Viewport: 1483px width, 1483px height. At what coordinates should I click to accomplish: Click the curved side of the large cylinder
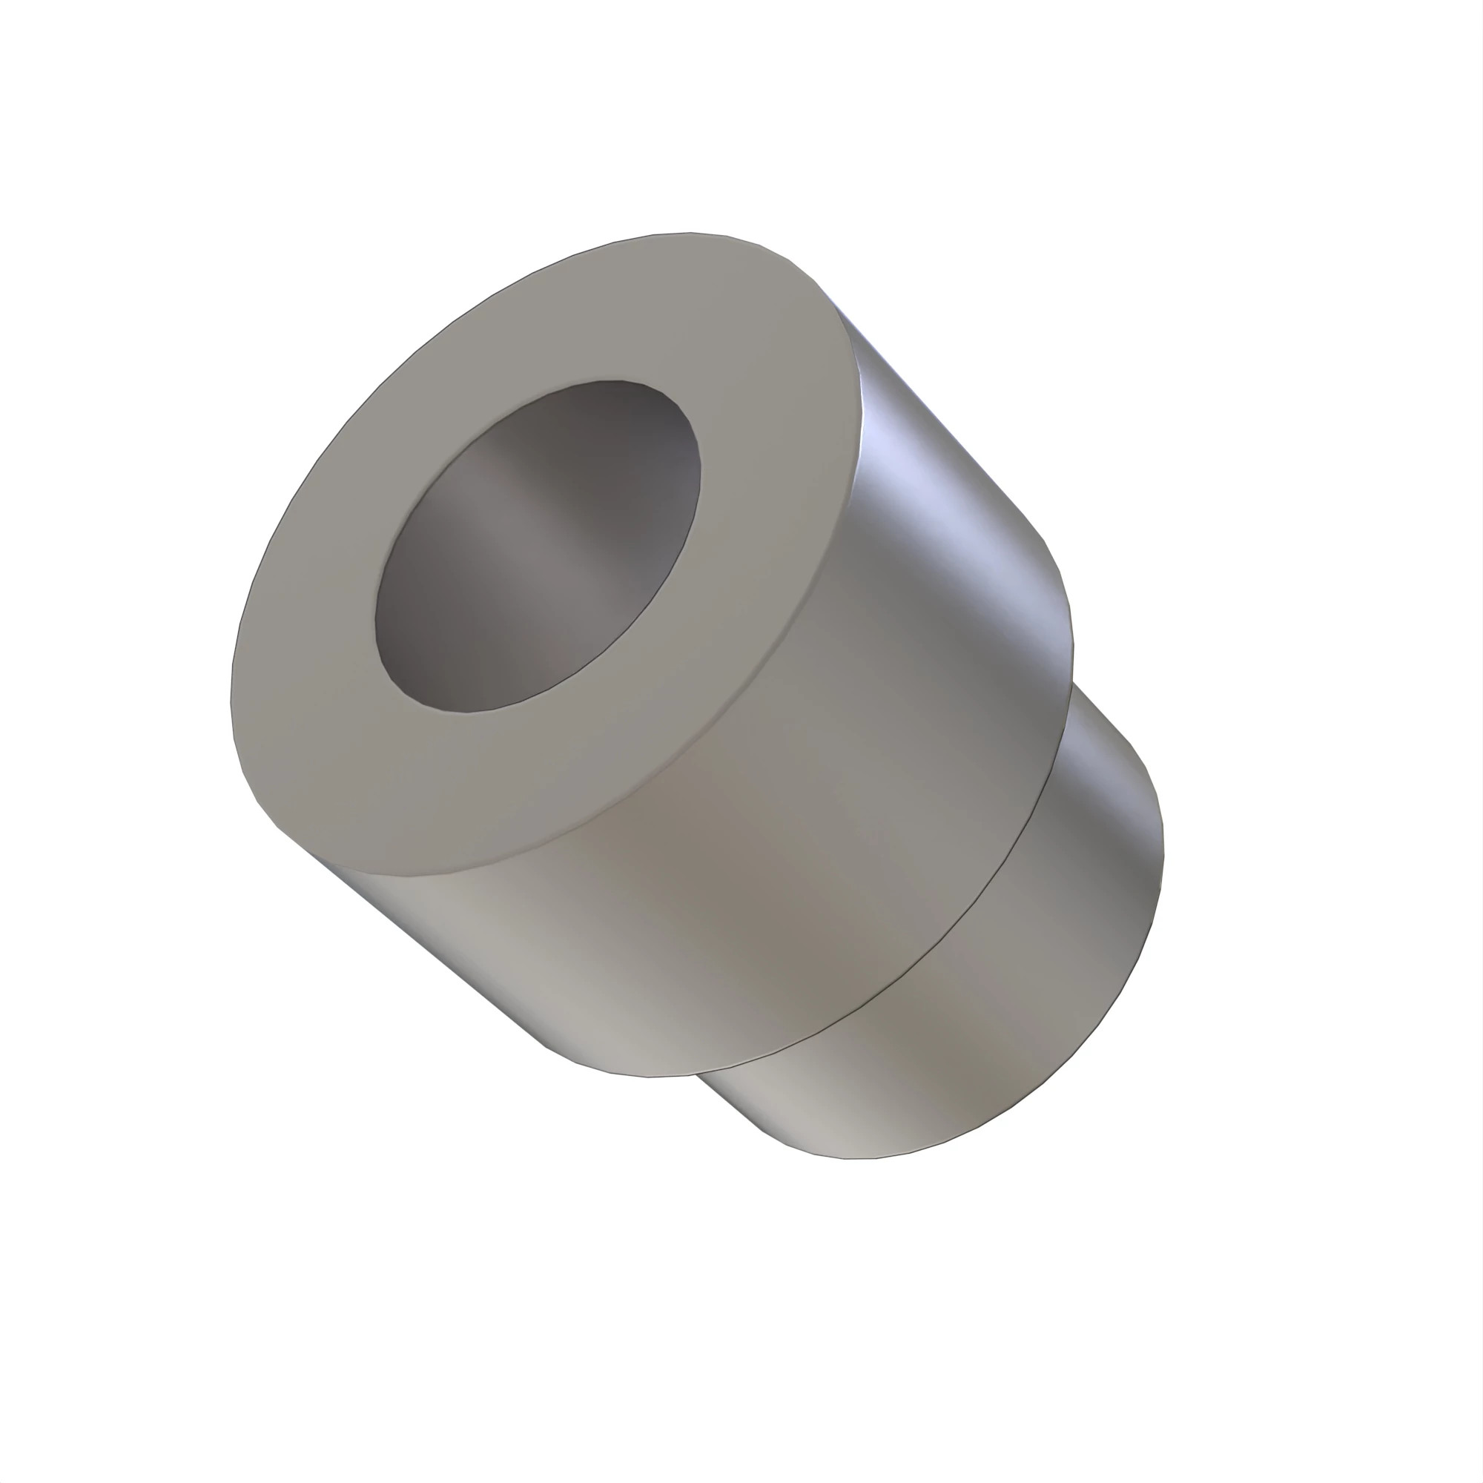(767, 882)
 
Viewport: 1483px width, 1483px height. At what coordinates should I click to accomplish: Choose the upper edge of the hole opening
(607, 380)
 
